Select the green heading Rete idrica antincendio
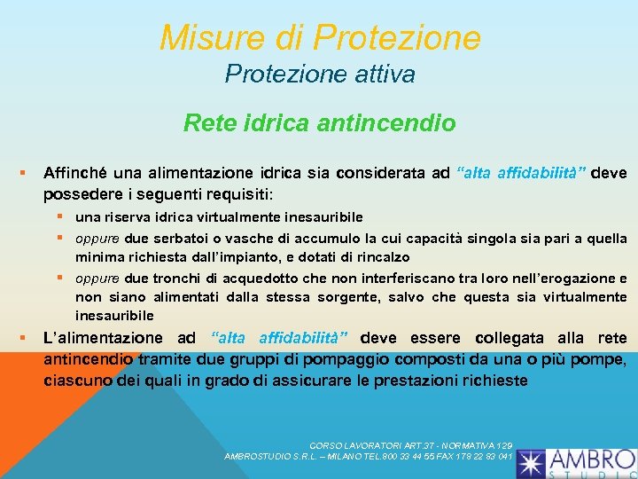pyautogui.click(x=319, y=123)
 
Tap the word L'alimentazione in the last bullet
pyautogui.click(x=103, y=338)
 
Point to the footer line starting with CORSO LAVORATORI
pyautogui.click(x=411, y=444)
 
